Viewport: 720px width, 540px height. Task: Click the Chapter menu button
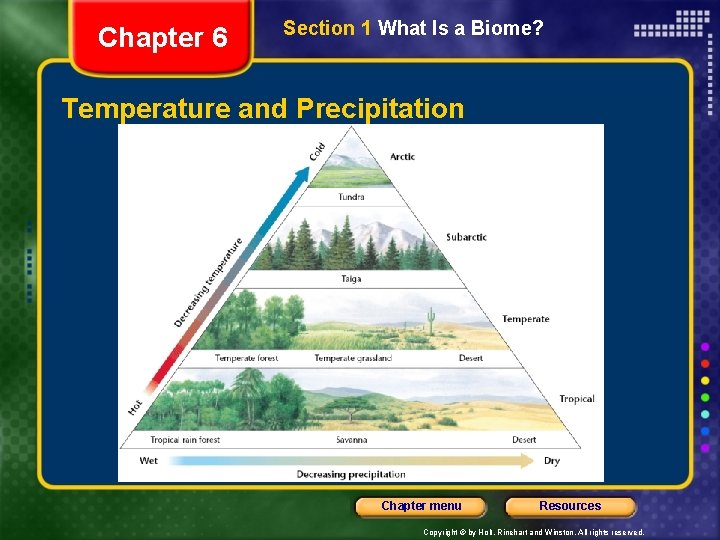click(x=421, y=506)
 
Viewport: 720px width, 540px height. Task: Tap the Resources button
click(x=570, y=506)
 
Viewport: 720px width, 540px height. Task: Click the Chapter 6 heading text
click(x=163, y=38)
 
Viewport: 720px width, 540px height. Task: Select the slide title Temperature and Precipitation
click(x=263, y=108)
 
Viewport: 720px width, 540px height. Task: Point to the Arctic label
click(x=402, y=157)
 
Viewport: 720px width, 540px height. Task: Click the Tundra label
click(x=351, y=197)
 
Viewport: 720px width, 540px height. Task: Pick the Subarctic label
click(x=466, y=237)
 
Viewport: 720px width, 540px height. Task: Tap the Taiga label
click(x=350, y=280)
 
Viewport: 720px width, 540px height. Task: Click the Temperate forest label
click(x=246, y=358)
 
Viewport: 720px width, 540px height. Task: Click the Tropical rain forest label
click(x=185, y=440)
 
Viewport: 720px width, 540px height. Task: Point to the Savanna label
click(x=351, y=440)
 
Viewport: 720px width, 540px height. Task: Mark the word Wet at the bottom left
click(x=148, y=461)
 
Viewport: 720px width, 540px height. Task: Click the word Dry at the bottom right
click(x=551, y=461)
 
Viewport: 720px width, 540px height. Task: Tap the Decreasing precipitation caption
click(x=351, y=474)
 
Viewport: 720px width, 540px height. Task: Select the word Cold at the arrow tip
click(x=317, y=151)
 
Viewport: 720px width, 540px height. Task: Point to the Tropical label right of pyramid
click(x=576, y=399)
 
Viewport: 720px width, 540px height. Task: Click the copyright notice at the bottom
click(x=533, y=533)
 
